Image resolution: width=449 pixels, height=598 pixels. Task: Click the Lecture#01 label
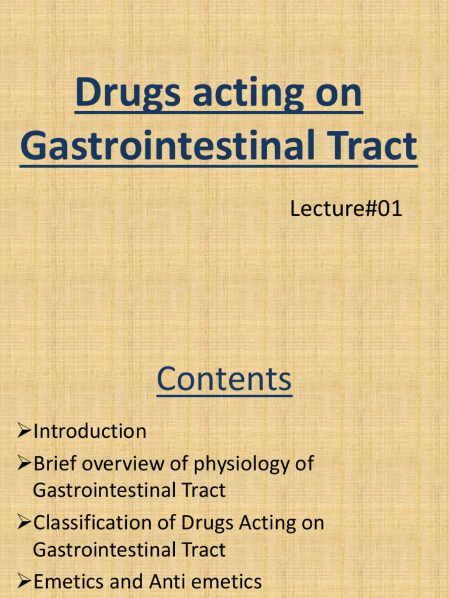[346, 208]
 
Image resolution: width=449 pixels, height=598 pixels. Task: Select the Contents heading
[224, 379]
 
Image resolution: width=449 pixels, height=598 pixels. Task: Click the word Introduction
[89, 432]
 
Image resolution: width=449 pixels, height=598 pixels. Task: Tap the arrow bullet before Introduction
[23, 432]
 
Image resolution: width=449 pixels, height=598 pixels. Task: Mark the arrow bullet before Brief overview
[23, 465]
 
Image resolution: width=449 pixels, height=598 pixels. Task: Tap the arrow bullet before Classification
[23, 523]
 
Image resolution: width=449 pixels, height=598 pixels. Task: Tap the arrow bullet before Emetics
[23, 582]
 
